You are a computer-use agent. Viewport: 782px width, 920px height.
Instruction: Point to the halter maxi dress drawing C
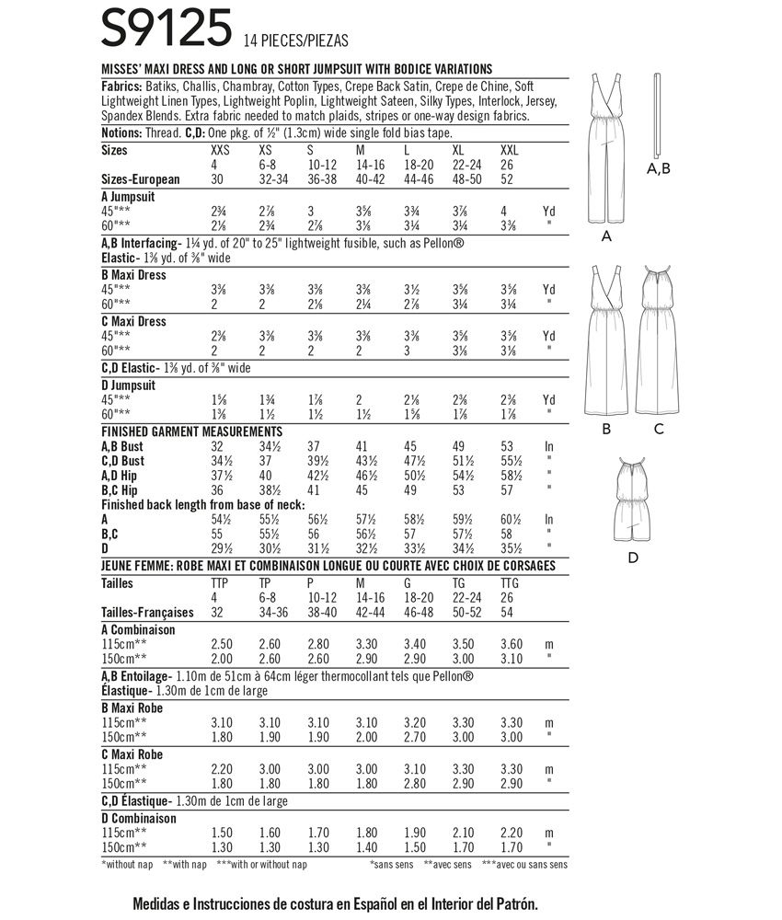click(659, 340)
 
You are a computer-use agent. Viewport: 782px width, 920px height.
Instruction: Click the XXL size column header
click(512, 149)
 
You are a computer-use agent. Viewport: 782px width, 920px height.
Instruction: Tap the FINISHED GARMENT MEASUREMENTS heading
click(191, 431)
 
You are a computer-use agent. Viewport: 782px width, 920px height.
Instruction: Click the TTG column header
click(511, 583)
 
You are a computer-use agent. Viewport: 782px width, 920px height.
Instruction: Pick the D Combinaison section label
click(141, 817)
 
